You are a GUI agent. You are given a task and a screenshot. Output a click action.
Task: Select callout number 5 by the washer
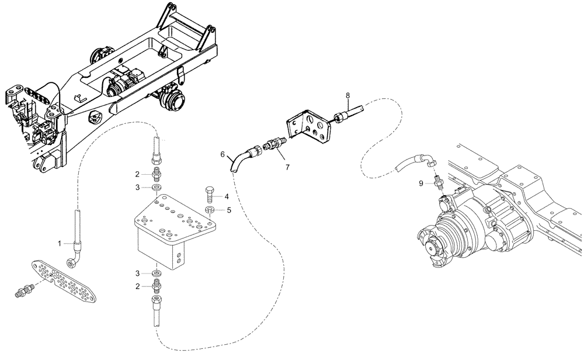pos(229,209)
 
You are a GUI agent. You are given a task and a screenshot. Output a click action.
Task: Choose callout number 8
pos(347,95)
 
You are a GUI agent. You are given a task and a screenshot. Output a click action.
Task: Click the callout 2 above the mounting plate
pos(137,174)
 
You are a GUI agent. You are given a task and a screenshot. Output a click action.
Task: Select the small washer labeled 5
pos(210,209)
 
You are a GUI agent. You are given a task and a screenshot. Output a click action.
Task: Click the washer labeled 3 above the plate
pos(156,188)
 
